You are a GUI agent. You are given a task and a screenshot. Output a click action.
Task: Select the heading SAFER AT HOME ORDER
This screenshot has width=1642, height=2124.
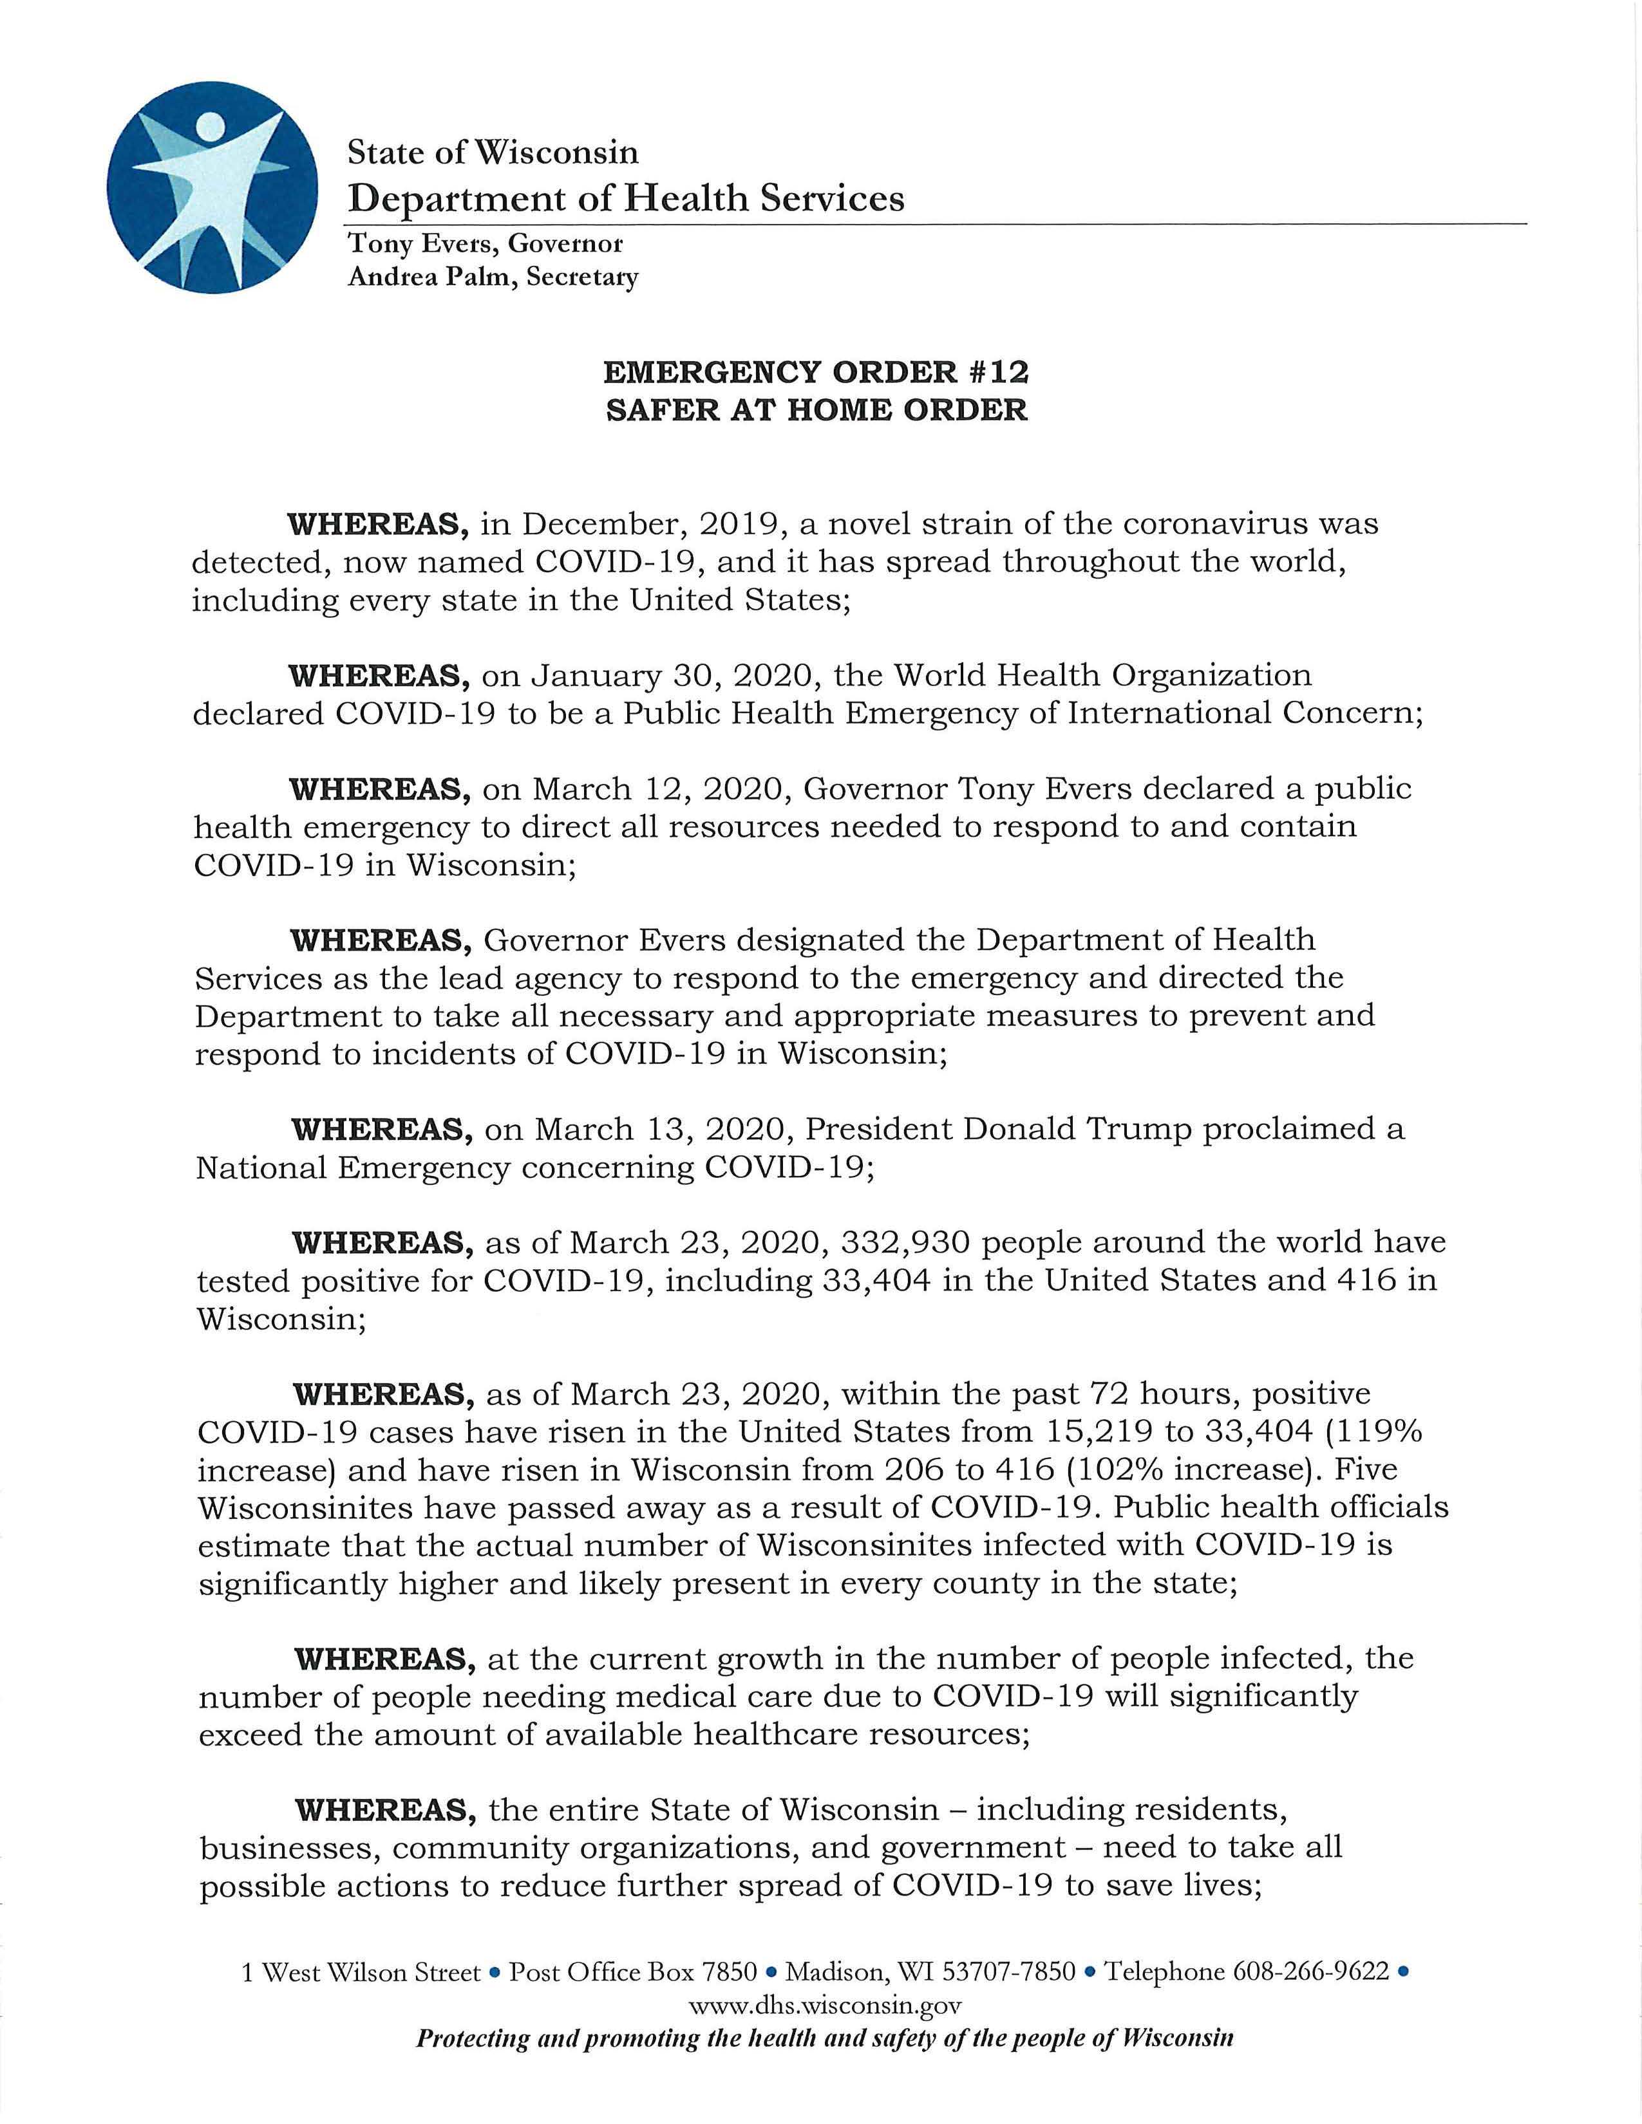coord(815,409)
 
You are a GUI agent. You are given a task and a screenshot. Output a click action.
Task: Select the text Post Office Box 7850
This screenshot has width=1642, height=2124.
coord(633,1971)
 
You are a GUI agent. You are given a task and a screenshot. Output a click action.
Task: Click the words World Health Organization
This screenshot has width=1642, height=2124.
coord(1102,675)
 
